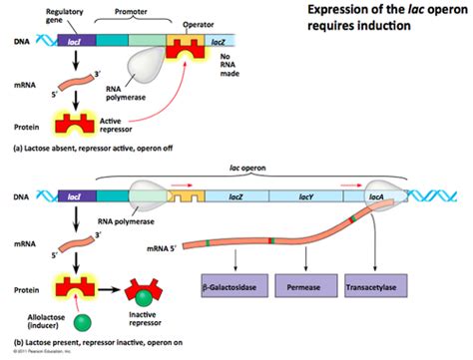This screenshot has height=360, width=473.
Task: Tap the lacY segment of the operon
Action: click(306, 198)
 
